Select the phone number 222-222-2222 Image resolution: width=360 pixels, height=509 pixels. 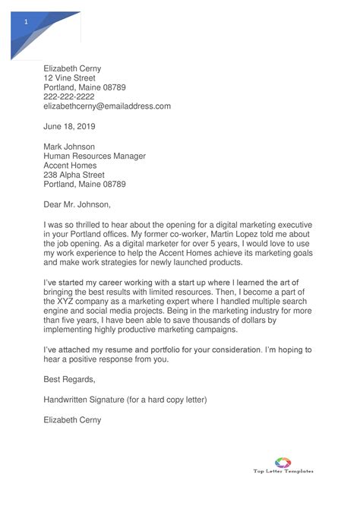point(68,96)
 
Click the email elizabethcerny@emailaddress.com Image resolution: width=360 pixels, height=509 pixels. point(107,106)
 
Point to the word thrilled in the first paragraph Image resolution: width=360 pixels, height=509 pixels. point(92,225)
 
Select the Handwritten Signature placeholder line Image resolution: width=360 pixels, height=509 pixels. point(125,399)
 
